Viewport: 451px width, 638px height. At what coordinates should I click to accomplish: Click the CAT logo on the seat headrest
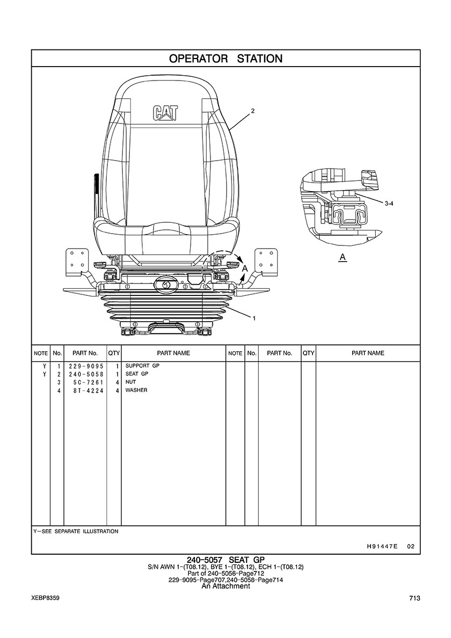(x=166, y=112)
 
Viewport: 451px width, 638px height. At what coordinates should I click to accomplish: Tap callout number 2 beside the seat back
(x=252, y=111)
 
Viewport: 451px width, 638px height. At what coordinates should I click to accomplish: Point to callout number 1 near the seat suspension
(x=253, y=318)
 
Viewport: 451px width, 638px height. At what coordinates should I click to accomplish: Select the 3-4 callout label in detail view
(x=390, y=204)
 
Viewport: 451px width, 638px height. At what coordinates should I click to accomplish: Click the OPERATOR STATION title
(x=225, y=59)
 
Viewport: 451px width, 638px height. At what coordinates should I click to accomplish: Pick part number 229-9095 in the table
(x=86, y=366)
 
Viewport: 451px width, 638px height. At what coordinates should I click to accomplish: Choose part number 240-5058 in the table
(x=86, y=374)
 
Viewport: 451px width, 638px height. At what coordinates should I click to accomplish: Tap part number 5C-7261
(x=86, y=382)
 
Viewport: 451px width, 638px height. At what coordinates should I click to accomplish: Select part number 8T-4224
(x=86, y=390)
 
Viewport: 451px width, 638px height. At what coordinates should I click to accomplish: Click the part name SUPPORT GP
(x=142, y=366)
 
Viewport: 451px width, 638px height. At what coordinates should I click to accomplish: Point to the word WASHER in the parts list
(x=136, y=390)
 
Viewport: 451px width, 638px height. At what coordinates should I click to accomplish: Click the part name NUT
(x=131, y=382)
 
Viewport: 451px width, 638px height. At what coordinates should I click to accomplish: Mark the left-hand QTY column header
(x=114, y=353)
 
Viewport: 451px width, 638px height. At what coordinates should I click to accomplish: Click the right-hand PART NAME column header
(x=368, y=353)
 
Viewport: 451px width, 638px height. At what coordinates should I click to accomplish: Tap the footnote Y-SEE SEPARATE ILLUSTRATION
(x=76, y=531)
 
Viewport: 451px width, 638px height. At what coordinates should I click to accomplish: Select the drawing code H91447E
(x=382, y=546)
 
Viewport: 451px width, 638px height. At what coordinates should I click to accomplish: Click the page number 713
(x=414, y=598)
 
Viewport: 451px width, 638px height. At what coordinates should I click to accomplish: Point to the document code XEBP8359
(x=45, y=598)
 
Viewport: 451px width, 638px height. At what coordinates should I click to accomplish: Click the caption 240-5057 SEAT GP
(x=225, y=560)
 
